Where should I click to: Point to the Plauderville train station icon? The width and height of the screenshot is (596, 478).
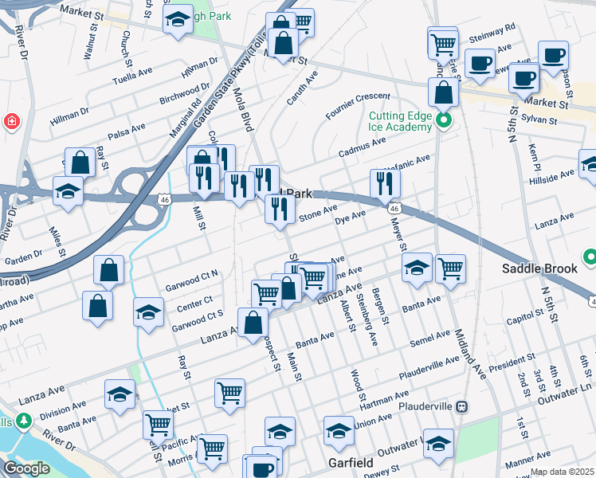461,406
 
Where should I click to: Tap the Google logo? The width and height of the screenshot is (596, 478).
26,468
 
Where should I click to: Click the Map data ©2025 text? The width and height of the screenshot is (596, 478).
562,472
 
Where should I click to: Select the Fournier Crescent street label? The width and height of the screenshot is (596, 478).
358,106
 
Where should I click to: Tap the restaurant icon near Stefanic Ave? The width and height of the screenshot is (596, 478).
385,183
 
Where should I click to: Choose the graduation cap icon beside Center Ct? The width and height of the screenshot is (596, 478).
148,311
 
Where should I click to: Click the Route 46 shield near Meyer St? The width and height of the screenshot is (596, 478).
394,208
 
